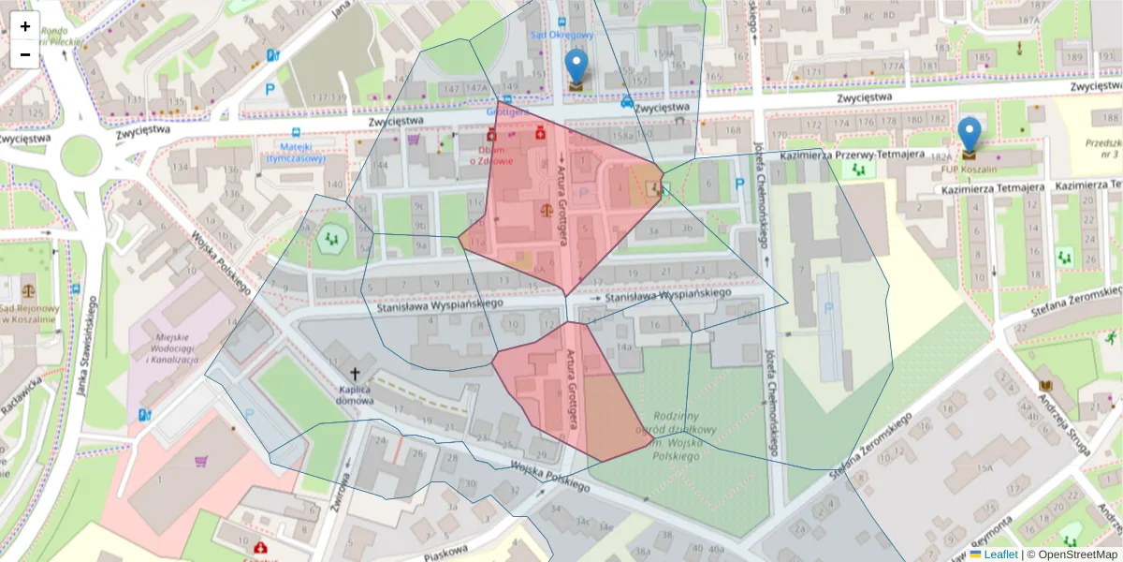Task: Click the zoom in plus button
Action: pos(25,26)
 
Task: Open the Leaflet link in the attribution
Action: pos(1001,555)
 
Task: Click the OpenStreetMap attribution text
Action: pos(1076,555)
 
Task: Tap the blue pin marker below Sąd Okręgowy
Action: pos(577,67)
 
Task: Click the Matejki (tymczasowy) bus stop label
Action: pos(296,153)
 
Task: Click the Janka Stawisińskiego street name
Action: pos(87,347)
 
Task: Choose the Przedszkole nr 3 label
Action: pos(1103,149)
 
